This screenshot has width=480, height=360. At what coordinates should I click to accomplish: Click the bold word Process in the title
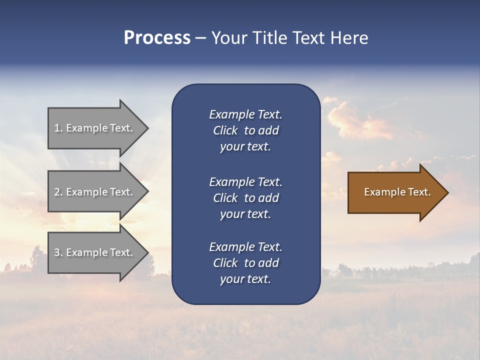(x=157, y=38)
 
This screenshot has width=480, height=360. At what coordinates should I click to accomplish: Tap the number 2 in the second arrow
(x=57, y=192)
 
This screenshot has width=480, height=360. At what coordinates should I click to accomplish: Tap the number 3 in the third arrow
(x=57, y=252)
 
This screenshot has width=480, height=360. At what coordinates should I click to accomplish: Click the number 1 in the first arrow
(x=57, y=128)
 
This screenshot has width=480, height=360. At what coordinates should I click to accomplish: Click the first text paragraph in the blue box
(x=245, y=130)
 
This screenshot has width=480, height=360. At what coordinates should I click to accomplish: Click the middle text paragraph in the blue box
(x=245, y=198)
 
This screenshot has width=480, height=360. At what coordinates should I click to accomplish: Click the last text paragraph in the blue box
(x=245, y=263)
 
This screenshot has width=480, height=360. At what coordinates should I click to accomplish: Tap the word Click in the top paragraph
(x=225, y=130)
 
